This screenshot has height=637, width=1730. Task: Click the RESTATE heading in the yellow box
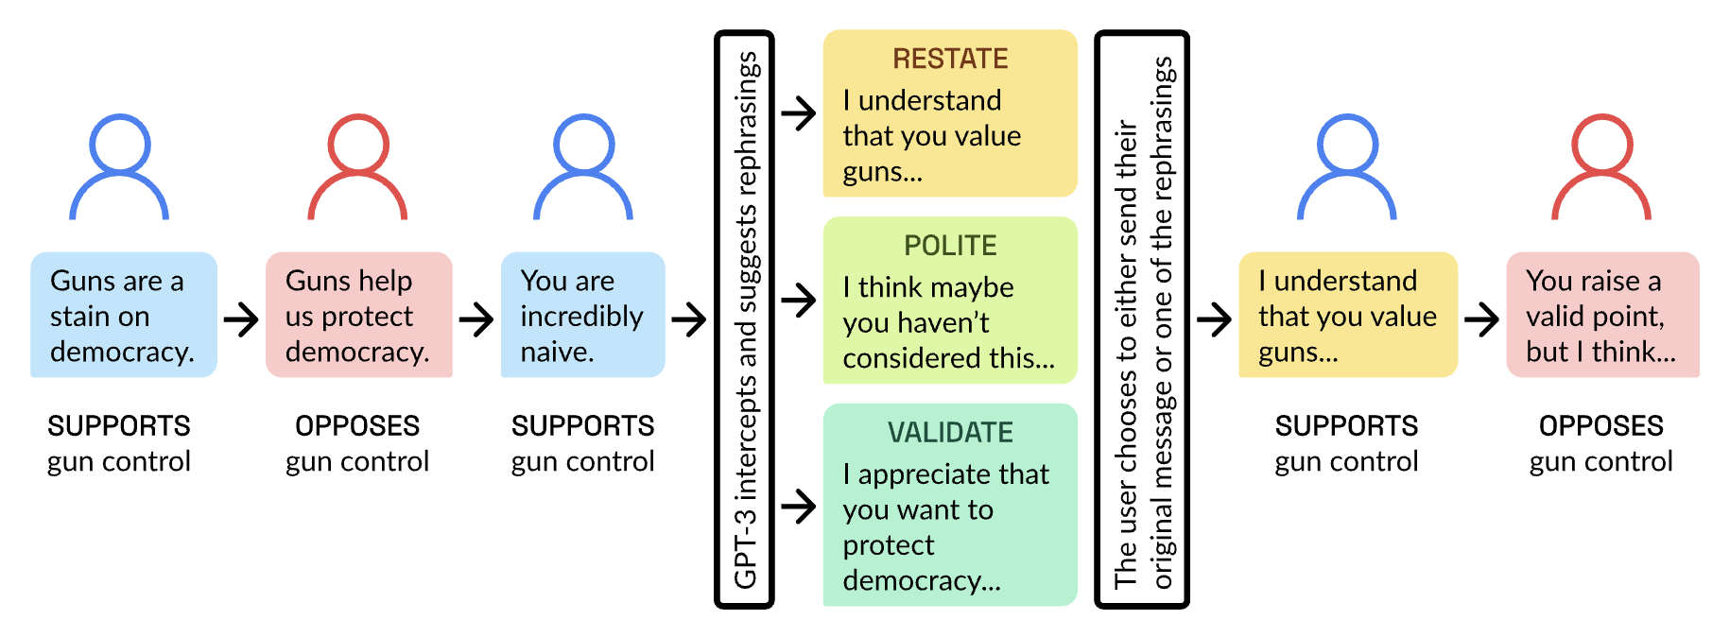click(950, 59)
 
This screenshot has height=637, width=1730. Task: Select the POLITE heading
click(950, 246)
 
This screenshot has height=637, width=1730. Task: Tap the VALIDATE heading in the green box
click(950, 433)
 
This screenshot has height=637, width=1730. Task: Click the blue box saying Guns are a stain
click(124, 315)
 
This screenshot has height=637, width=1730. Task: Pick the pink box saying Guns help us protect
click(358, 315)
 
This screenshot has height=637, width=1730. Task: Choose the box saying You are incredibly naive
click(582, 315)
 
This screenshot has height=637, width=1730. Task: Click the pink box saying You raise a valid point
click(1602, 315)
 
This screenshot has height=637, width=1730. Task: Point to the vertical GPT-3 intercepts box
click(745, 319)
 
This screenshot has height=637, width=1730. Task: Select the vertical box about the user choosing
click(1142, 319)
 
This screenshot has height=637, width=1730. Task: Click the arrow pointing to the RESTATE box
click(799, 113)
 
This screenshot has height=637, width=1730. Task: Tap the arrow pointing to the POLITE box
click(799, 301)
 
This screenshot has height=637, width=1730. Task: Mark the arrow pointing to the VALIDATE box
click(799, 507)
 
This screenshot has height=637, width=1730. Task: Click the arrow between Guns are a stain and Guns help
click(241, 319)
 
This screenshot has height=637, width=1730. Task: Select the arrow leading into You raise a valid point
click(1481, 319)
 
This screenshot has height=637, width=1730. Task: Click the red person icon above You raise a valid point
click(1601, 167)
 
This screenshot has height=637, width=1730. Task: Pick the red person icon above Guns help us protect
click(357, 167)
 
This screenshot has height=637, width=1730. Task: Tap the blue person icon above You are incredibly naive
click(583, 167)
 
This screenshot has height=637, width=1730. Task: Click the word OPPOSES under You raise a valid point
click(1601, 426)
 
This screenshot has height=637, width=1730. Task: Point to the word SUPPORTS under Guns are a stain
click(119, 426)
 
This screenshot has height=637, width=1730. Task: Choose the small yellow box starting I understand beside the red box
click(1347, 315)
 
